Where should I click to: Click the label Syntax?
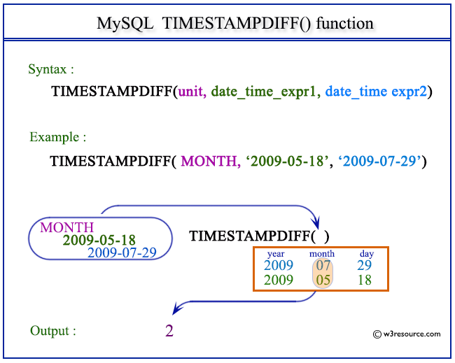[x=51, y=69]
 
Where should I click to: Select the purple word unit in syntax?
[x=191, y=92]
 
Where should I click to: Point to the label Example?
[x=58, y=137]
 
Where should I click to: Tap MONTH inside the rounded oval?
[x=66, y=228]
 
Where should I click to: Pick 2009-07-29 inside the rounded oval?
[x=121, y=252]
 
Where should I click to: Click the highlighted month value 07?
[x=322, y=265]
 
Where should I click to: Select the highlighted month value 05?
[x=322, y=280]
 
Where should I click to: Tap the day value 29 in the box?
[x=363, y=265]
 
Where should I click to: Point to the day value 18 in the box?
[x=363, y=280]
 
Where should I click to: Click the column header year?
[x=275, y=253]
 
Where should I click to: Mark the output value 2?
[x=169, y=330]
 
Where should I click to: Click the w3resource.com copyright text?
[x=407, y=334]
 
